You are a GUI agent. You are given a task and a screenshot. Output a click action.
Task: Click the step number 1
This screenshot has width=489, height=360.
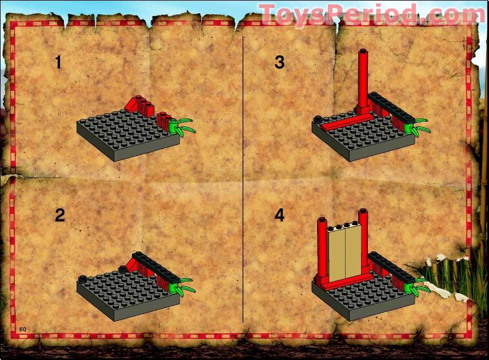tap(58, 62)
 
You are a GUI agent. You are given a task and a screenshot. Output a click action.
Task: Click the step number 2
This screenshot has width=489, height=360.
tap(59, 215)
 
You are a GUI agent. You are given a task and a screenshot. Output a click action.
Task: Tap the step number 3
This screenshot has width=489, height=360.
tap(279, 62)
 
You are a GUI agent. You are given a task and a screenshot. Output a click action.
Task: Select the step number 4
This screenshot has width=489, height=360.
tap(279, 215)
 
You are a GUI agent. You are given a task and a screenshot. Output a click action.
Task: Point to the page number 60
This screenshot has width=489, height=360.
tap(23, 329)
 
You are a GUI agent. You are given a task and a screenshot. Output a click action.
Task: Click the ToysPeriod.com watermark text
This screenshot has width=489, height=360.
tap(371, 14)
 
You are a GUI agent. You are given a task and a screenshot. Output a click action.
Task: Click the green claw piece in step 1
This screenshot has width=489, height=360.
tap(182, 126)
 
